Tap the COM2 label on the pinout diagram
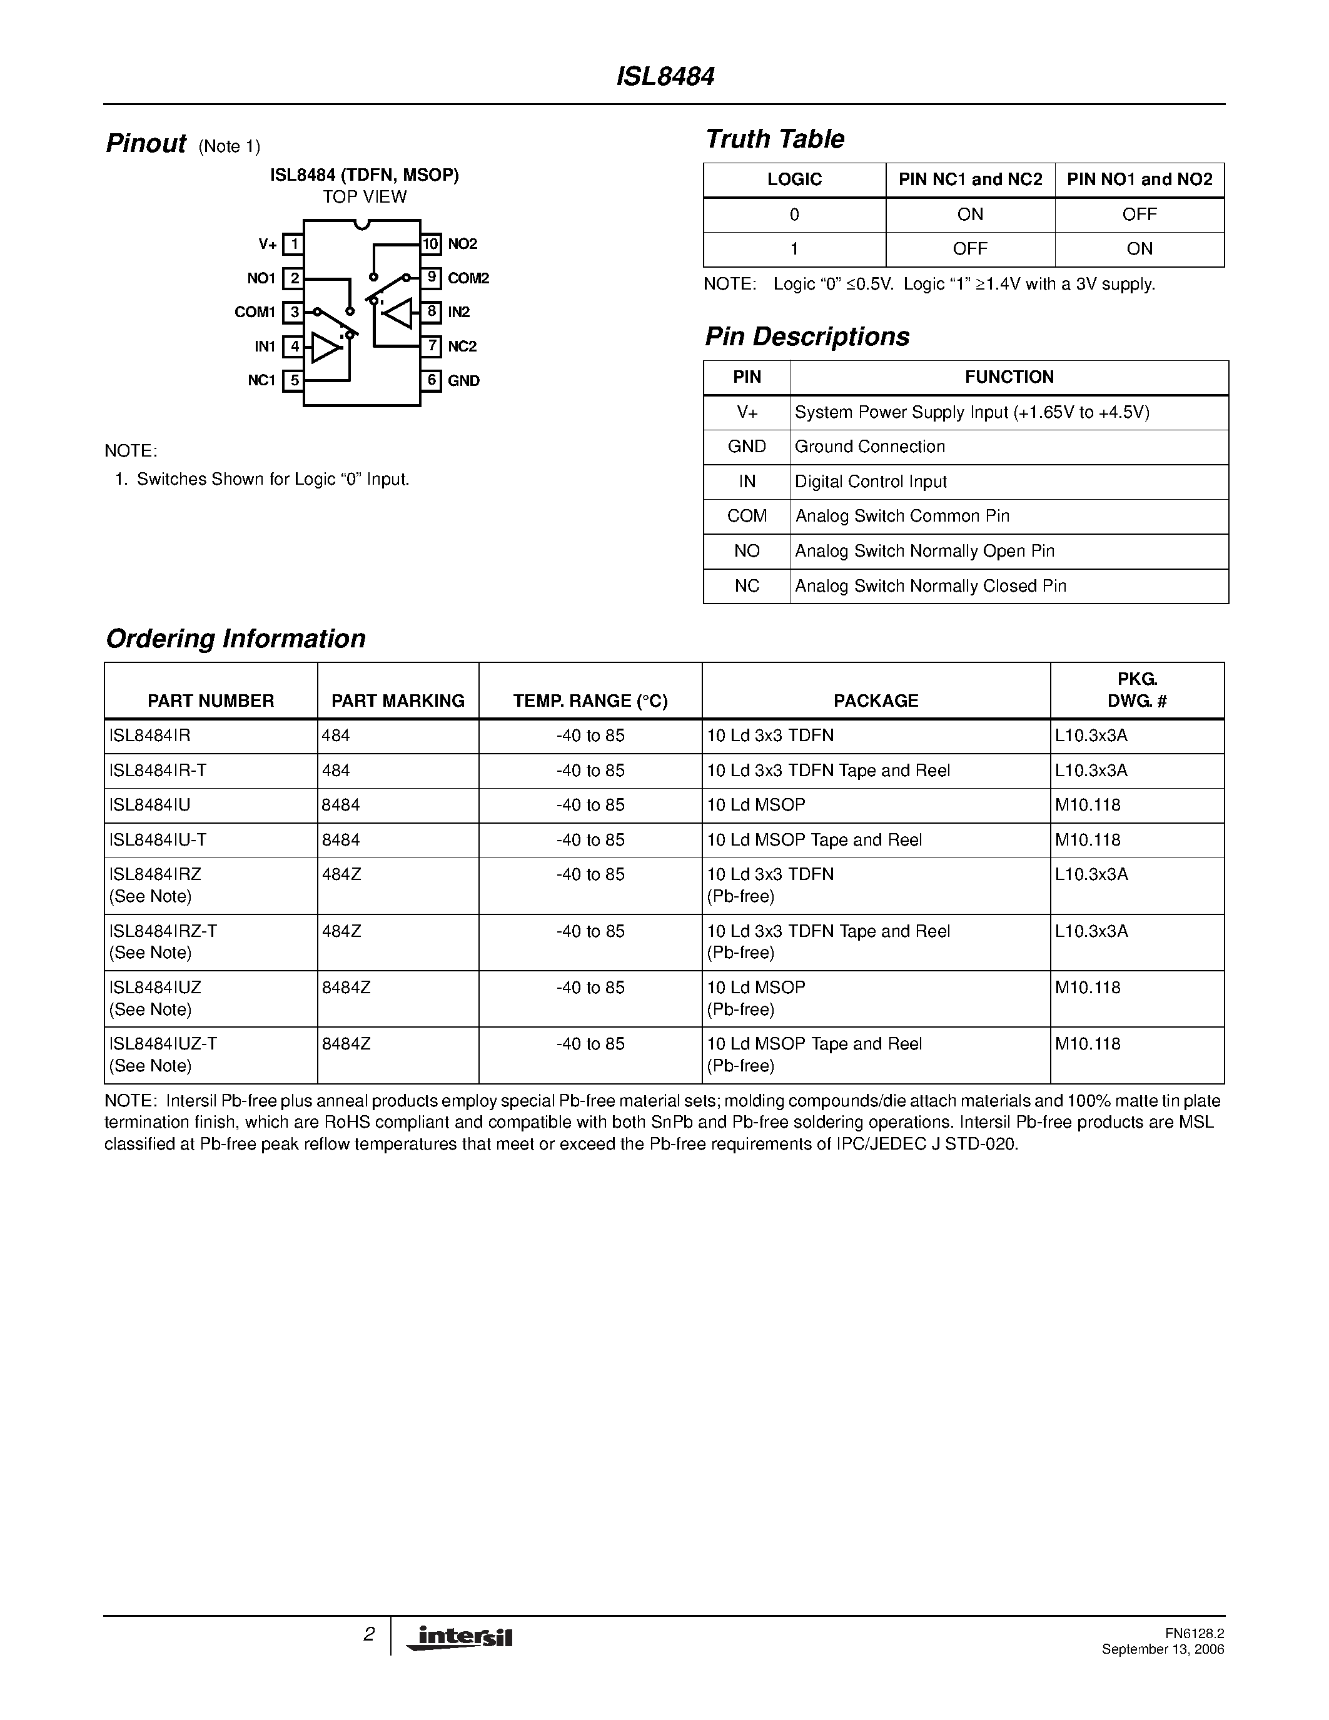[468, 278]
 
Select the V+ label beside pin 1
[268, 244]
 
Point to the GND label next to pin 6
[463, 381]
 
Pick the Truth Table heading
[775, 139]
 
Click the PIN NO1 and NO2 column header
[1140, 180]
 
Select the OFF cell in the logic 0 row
[1140, 214]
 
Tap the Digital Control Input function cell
[870, 482]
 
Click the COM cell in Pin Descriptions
[746, 516]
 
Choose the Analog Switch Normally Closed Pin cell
[931, 586]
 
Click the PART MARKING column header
[398, 700]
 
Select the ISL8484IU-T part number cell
[158, 839]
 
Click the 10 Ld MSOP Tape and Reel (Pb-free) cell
[814, 1055]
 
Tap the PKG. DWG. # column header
[1137, 690]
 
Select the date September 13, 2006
[1163, 1649]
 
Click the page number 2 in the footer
[368, 1635]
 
